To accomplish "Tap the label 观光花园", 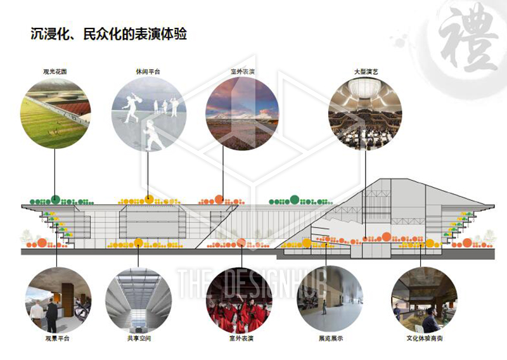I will click(55, 72).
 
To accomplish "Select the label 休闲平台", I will click(148, 72).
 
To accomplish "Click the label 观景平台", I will click(55, 338).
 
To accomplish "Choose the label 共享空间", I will click(139, 338).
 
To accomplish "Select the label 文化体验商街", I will click(425, 338).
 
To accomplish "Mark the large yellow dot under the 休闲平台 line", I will click(148, 199).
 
